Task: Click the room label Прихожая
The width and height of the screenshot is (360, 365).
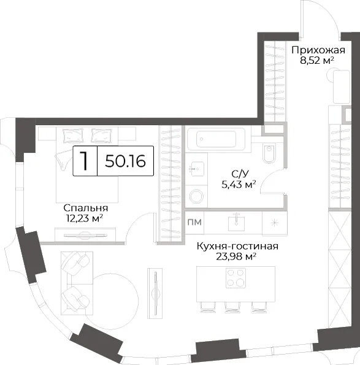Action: [318, 50]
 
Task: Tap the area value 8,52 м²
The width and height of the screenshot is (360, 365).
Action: [317, 61]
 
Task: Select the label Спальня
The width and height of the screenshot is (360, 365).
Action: [86, 208]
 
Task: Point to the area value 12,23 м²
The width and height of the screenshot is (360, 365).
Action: [85, 218]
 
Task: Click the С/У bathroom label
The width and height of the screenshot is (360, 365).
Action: [240, 174]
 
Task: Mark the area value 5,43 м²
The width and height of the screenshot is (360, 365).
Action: [239, 185]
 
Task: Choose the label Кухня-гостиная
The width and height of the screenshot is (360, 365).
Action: [237, 246]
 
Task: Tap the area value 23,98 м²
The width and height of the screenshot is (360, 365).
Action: [236, 256]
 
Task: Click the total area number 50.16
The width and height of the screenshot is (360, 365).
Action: [125, 161]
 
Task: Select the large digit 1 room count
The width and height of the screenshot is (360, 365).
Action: [84, 161]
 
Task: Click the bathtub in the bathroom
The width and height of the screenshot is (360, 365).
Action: [215, 139]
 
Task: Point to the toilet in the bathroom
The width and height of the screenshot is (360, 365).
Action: [269, 153]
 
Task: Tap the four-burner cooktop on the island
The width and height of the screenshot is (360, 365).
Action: [236, 278]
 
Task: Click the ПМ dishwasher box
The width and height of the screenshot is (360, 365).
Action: [194, 222]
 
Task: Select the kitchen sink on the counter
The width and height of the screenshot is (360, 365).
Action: [237, 222]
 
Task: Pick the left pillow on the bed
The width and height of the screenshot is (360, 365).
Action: [73, 136]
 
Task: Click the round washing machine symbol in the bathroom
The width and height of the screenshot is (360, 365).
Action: [197, 196]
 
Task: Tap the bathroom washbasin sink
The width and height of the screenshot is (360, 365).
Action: [197, 169]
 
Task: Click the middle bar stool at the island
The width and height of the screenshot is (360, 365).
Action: [232, 307]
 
